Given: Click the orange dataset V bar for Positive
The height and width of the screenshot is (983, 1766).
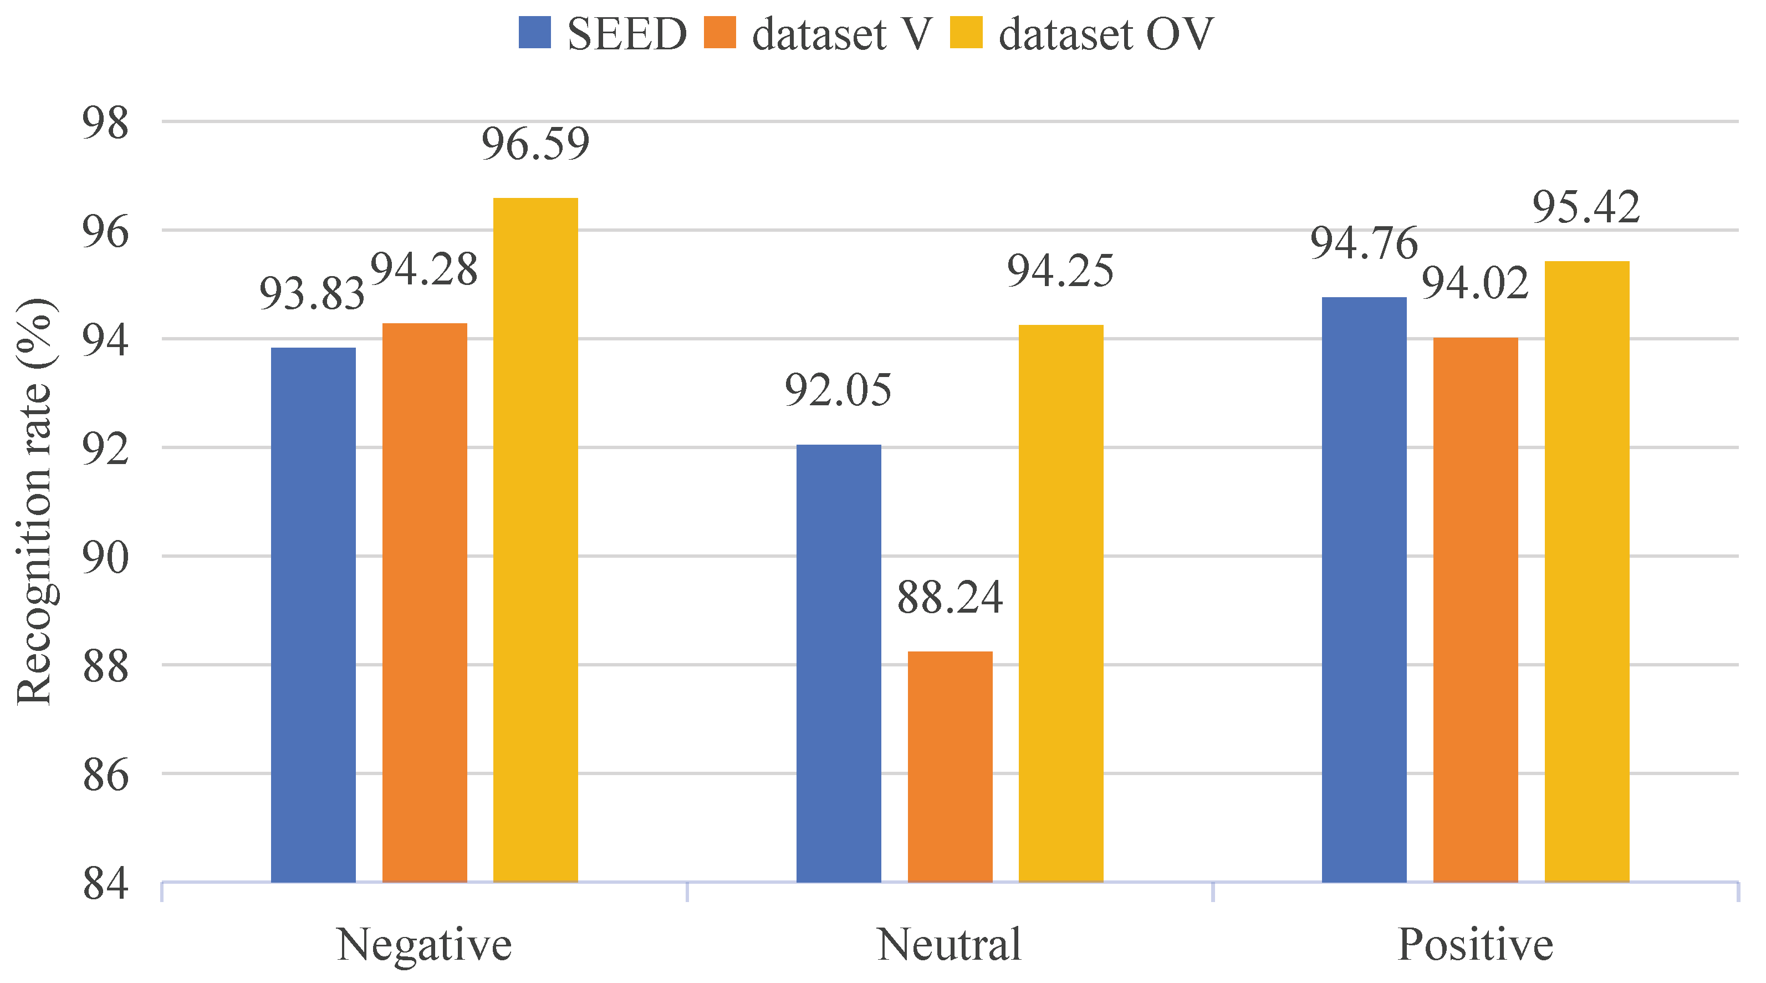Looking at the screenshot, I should coord(1476,609).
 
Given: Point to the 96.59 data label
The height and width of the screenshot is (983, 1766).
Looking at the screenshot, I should coord(535,144).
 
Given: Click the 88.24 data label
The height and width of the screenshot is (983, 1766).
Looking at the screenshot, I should coord(950,597).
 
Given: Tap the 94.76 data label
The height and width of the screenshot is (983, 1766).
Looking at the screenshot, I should coord(1364,243).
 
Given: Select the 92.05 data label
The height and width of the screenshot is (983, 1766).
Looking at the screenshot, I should coord(839,391).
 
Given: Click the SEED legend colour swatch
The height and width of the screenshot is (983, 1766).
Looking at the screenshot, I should coord(535,33).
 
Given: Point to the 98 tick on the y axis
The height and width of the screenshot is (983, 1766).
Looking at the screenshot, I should coord(105,124).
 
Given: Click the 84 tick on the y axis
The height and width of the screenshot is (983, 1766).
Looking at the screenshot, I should coord(105,884).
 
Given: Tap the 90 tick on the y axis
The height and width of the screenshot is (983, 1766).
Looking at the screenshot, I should coord(105,558).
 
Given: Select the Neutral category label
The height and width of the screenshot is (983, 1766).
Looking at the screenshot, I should coord(950,945).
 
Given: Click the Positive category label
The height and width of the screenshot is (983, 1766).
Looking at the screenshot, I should coord(1476,945).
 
